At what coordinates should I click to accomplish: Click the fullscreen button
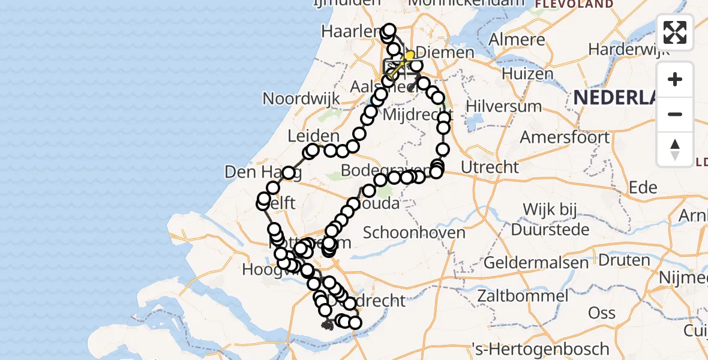click(x=675, y=32)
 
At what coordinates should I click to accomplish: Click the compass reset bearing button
click(x=675, y=149)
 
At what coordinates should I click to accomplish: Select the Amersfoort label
click(x=565, y=137)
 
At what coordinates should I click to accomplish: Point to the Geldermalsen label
click(x=527, y=262)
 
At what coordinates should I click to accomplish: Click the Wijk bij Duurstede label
click(x=549, y=220)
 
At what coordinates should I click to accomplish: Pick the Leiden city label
click(x=313, y=136)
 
